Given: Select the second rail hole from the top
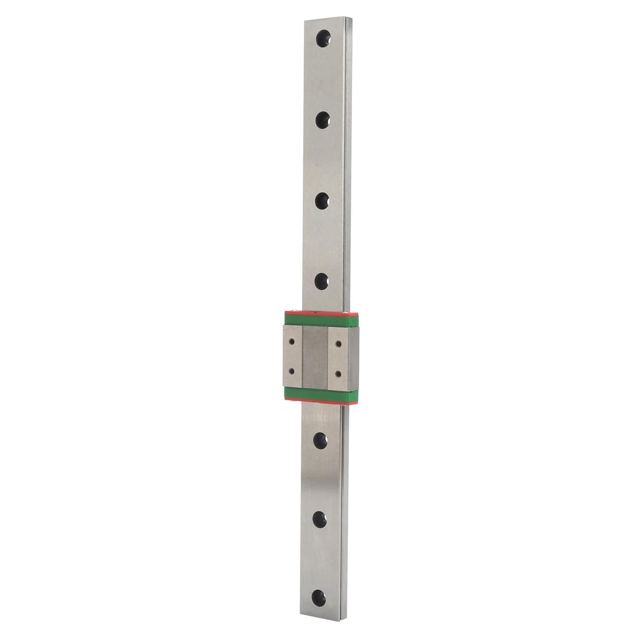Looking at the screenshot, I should tap(323, 119).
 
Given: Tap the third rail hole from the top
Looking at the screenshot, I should tap(322, 200).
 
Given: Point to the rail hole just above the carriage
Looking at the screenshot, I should tap(321, 281).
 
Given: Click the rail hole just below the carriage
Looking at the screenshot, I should tap(320, 441).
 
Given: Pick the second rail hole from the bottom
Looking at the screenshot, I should tap(319, 519).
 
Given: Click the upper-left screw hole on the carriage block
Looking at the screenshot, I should tap(293, 342).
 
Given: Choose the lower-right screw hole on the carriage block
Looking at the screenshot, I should tap(338, 373).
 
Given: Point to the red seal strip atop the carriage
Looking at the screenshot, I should tap(321, 312).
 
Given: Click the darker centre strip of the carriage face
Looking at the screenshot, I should tap(315, 357).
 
